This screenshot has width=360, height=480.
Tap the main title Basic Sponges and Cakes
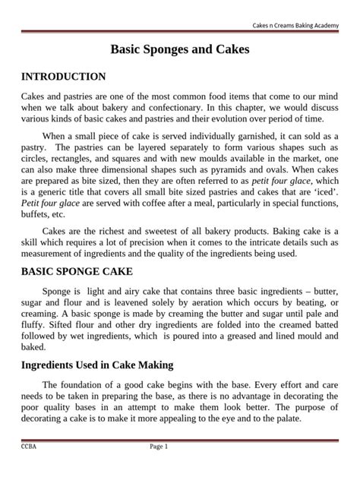tap(180, 50)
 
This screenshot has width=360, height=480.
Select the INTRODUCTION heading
tap(63, 77)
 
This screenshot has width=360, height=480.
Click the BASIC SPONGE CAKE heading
tap(77, 271)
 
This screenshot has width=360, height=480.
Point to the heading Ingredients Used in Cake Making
tap(97, 365)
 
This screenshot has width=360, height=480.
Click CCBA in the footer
tap(29, 447)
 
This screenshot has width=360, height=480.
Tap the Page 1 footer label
tap(159, 447)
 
